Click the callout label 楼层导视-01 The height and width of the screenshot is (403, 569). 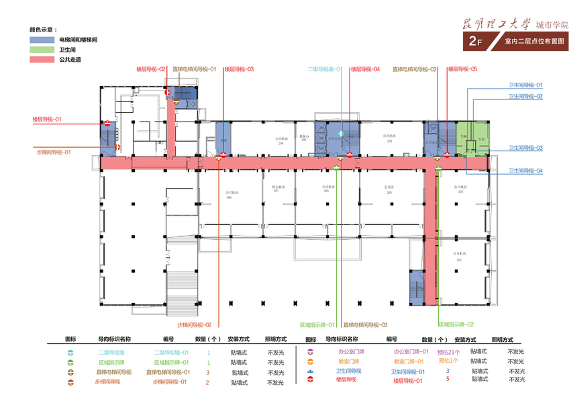coord(47,119)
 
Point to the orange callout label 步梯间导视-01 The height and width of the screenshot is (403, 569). coord(53,152)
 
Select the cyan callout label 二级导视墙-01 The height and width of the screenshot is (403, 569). coord(325,69)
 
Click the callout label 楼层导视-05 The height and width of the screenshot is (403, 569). coord(462,69)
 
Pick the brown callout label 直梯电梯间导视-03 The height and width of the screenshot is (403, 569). coord(365,324)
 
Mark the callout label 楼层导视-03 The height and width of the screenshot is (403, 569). coord(239,69)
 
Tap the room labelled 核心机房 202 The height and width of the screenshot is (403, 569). coord(276,189)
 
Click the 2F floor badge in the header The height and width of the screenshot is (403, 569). coord(476,41)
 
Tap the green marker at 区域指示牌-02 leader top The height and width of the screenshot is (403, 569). coord(438,169)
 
